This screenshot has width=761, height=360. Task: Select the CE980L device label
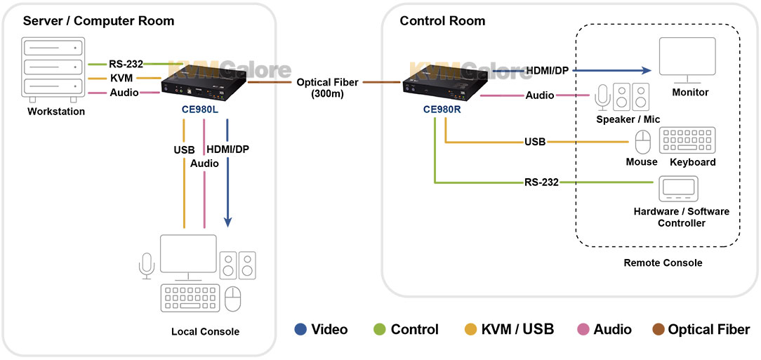(201, 110)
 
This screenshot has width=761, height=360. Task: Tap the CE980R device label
(442, 109)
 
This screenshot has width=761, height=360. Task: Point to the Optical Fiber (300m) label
(327, 88)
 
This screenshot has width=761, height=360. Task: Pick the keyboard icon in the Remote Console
(687, 141)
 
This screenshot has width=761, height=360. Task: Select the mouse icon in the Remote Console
(643, 143)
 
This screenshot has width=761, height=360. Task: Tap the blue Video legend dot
(300, 329)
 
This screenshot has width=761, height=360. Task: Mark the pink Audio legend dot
(583, 329)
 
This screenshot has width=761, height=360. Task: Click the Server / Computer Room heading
(98, 21)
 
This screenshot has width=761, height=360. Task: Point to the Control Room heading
(442, 21)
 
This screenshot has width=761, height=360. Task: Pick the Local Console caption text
(205, 331)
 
